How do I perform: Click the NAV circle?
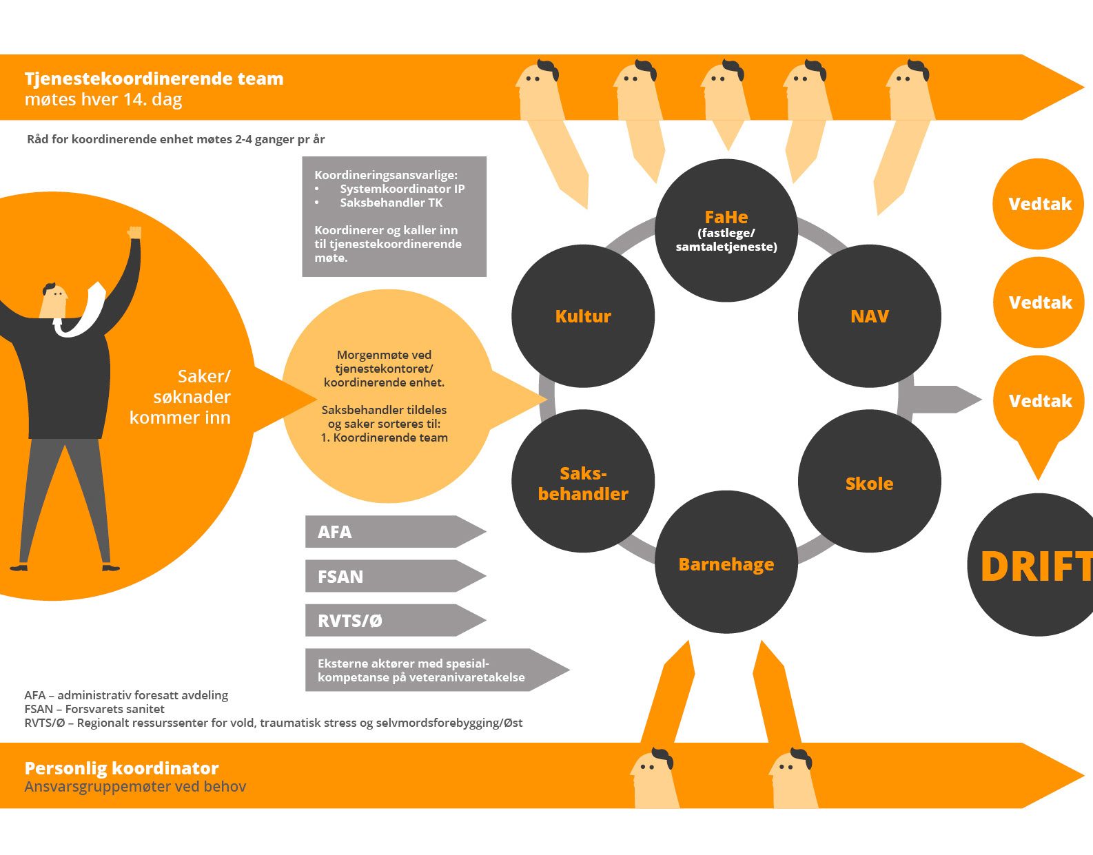pyautogui.click(x=869, y=316)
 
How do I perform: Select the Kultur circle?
pyautogui.click(x=583, y=316)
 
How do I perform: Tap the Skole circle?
pyautogui.click(x=869, y=483)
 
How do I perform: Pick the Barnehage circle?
pyautogui.click(x=726, y=564)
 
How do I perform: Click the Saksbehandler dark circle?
pyautogui.click(x=583, y=483)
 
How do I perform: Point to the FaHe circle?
pyautogui.click(x=726, y=230)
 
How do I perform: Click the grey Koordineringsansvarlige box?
pyautogui.click(x=394, y=216)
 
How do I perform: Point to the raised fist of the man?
pyautogui.click(x=134, y=232)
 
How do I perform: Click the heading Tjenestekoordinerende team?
pyautogui.click(x=154, y=79)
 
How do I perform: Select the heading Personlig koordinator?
pyautogui.click(x=121, y=768)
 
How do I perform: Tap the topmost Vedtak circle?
pyautogui.click(x=1039, y=204)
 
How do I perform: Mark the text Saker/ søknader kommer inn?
pyautogui.click(x=181, y=397)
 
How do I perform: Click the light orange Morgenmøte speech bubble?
pyautogui.click(x=385, y=396)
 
